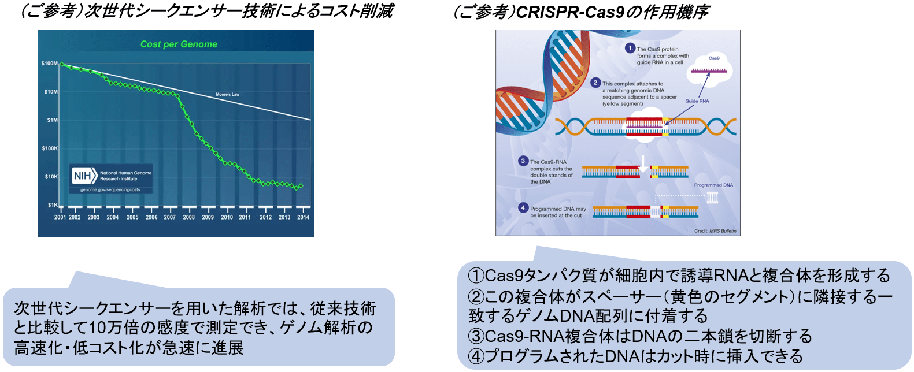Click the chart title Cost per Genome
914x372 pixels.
coord(179,44)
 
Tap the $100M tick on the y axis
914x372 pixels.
coord(49,64)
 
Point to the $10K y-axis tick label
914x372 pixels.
coord(51,177)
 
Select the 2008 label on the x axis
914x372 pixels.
coord(189,218)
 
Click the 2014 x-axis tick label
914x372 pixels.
coord(303,218)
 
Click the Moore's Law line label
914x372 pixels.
coord(227,94)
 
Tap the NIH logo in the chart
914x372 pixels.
coord(84,176)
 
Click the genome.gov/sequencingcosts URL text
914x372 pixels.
coord(110,189)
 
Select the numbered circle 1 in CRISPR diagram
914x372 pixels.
coord(630,48)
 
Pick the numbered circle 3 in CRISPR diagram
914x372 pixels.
coord(523,161)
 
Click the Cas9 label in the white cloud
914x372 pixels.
coord(714,58)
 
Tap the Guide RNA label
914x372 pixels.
coord(697,101)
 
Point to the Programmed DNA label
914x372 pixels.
coord(713,185)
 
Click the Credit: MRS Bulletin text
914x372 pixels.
coord(715,231)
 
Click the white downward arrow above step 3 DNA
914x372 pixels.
coord(643,164)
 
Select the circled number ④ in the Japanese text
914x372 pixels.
coord(475,356)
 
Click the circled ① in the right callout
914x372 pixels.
coord(475,276)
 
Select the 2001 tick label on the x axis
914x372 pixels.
coord(60,218)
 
